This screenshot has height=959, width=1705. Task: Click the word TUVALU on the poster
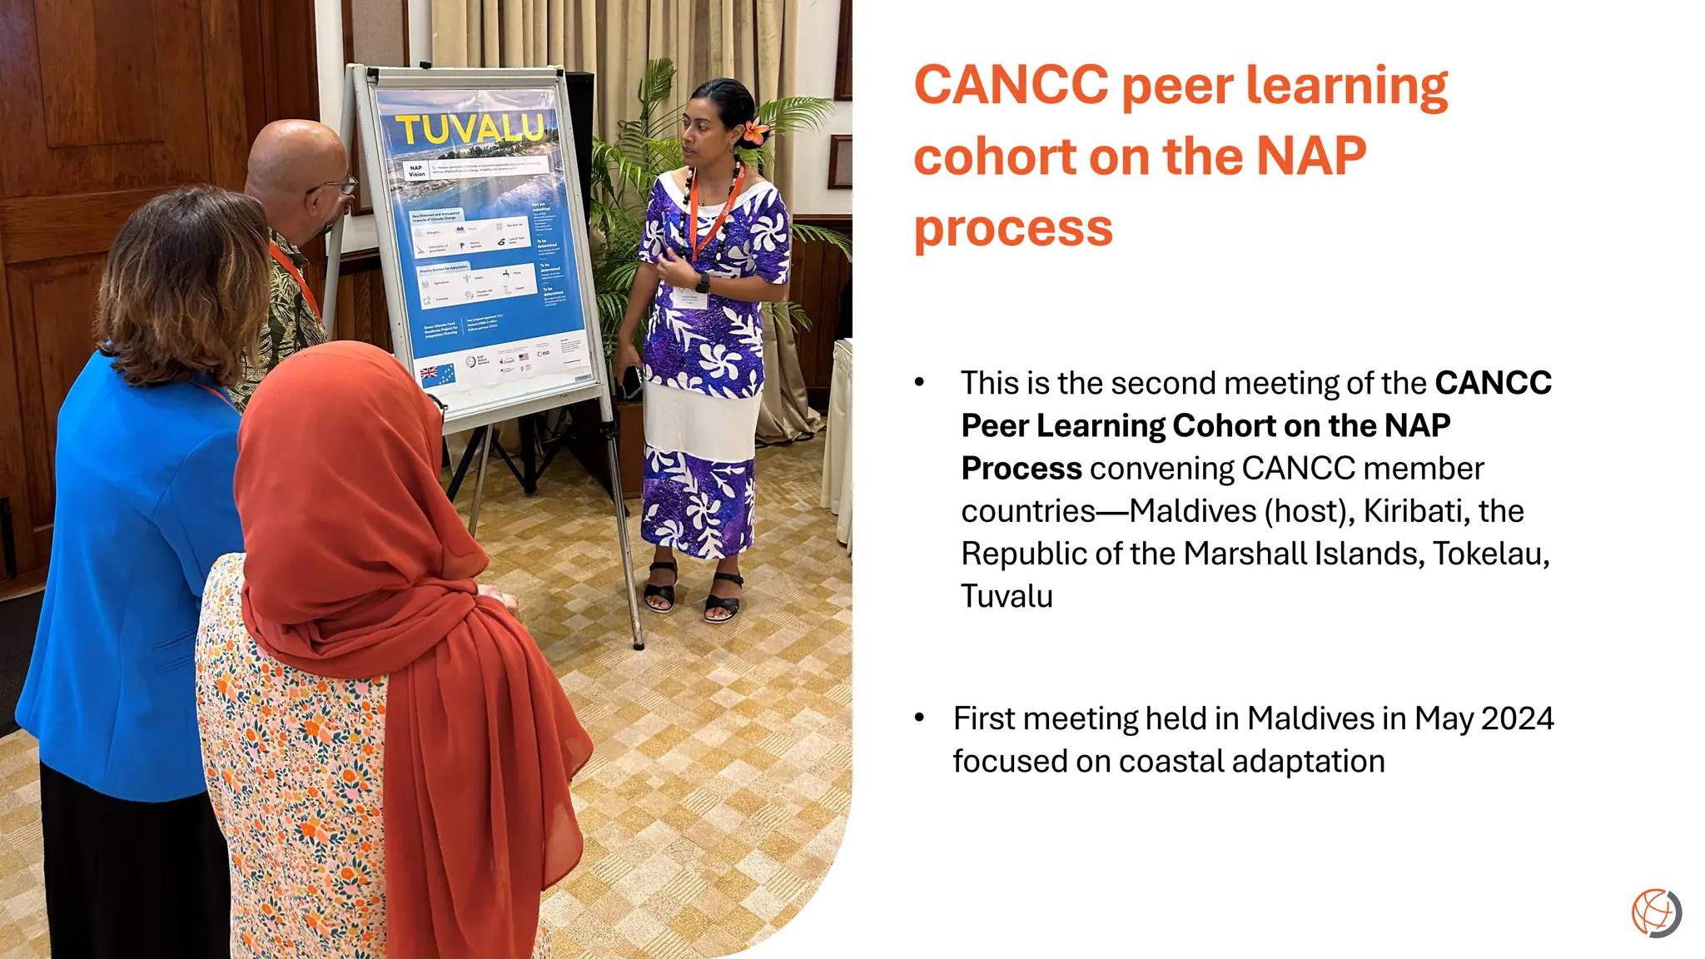[x=470, y=130]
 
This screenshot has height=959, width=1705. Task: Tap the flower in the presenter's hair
[x=756, y=131]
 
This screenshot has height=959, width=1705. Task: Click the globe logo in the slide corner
[x=1656, y=912]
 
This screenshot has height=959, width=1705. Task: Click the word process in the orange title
[x=1013, y=228]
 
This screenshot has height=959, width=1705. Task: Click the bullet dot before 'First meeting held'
[x=919, y=718]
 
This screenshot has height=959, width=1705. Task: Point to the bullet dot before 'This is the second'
[x=919, y=382]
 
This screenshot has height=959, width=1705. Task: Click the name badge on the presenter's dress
[x=689, y=299]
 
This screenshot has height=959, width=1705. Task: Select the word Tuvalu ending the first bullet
[x=1007, y=596]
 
